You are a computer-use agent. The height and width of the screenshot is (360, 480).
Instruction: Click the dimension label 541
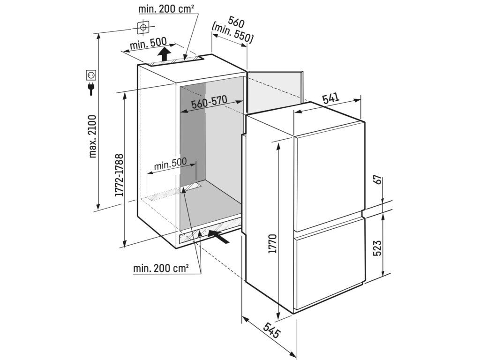(330, 98)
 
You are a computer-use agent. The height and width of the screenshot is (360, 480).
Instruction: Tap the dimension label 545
(271, 331)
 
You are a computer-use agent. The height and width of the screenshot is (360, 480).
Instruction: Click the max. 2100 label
(91, 136)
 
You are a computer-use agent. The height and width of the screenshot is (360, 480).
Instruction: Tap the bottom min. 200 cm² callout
(161, 269)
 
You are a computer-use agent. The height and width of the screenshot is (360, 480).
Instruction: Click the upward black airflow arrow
(164, 52)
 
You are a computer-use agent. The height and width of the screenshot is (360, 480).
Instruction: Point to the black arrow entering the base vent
(218, 236)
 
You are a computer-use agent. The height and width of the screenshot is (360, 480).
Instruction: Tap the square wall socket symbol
(91, 74)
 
